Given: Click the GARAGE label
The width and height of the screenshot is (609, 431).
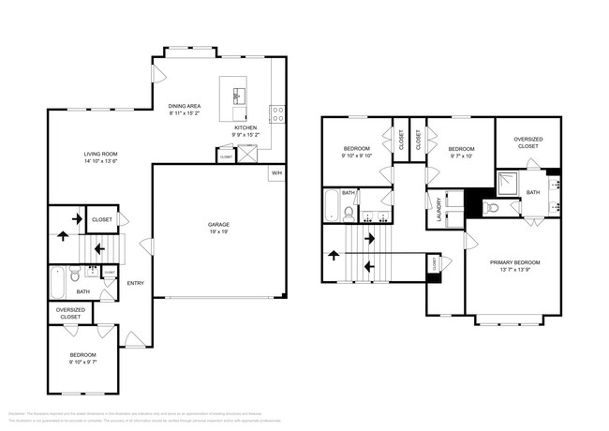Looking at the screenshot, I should point(218,224).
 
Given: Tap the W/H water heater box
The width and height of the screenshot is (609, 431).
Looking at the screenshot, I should point(276,173).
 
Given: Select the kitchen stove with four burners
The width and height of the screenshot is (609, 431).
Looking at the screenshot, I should point(277,116).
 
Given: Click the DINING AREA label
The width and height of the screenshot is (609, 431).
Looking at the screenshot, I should point(184,106).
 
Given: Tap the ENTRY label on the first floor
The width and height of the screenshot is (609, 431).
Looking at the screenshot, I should point(136,283).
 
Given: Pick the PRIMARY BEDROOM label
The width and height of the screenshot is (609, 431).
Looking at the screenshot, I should point(514,263).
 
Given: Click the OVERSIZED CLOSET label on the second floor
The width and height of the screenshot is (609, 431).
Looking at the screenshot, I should point(527,142).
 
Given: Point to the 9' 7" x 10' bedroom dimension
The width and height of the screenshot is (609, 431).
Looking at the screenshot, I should point(461,156).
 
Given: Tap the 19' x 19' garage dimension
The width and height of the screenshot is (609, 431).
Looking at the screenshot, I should point(218,231).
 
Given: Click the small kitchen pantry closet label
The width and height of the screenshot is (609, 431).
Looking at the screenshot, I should point(226,157).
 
